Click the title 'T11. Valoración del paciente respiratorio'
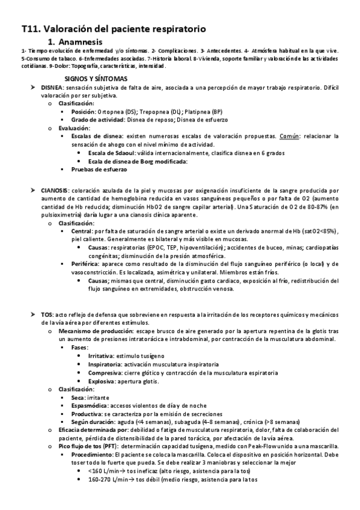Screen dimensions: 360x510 pos(114,28)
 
